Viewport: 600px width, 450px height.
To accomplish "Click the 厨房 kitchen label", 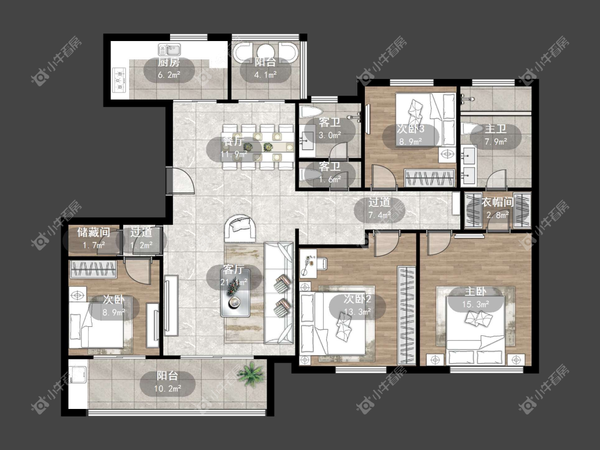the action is pos(169,62).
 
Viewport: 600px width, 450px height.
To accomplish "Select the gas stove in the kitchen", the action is pos(119,81).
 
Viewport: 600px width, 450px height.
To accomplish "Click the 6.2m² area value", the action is pos(169,75).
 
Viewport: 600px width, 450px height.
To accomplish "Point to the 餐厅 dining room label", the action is pos(233,142).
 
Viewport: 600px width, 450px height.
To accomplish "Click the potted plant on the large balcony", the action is pos(251,373).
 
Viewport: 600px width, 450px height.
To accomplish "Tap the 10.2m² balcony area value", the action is pos(167,389).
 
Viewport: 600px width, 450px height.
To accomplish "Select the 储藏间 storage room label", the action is pos(94,232).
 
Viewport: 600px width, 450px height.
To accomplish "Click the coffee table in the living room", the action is pos(235,293).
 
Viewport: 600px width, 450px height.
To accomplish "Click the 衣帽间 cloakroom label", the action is pos(497,202).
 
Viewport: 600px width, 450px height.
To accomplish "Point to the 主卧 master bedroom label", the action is pos(475,292).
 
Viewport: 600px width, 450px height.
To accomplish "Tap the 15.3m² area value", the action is pos(475,304).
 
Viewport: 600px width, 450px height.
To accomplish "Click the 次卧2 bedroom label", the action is pos(357,299).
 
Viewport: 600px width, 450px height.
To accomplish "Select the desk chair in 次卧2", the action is pos(321,263).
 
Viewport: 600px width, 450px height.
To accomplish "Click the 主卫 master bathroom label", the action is pos(496,129).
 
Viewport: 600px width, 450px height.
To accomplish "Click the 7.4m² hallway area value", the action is pos(379,215).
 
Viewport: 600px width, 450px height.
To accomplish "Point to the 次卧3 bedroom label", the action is pos(410,128).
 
